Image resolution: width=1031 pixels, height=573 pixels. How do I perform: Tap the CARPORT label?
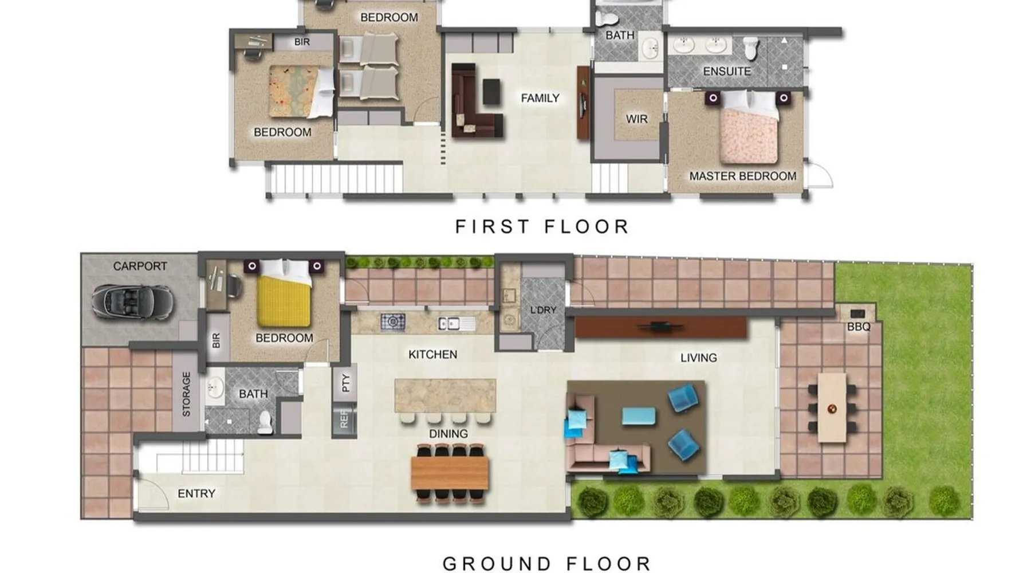(x=140, y=266)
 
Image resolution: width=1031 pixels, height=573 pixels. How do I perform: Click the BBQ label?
(x=859, y=327)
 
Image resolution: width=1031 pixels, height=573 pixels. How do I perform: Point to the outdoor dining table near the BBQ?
(x=832, y=408)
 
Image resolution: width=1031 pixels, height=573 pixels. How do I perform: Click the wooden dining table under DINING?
(x=450, y=473)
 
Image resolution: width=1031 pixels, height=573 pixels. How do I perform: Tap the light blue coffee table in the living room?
(x=639, y=416)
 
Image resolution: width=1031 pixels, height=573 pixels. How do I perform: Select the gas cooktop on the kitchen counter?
(x=393, y=322)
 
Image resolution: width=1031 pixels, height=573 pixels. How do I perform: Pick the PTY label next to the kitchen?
(x=345, y=383)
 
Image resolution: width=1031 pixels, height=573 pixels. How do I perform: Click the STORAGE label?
(x=186, y=394)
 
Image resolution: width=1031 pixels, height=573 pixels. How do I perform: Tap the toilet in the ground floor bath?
(x=265, y=422)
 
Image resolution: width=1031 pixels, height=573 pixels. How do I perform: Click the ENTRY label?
(x=196, y=493)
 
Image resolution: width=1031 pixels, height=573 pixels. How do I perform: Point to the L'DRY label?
(x=543, y=310)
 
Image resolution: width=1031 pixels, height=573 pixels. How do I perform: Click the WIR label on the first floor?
(x=636, y=119)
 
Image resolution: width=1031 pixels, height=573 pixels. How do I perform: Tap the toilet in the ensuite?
(x=751, y=48)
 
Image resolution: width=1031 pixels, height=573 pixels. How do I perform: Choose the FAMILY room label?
(x=540, y=99)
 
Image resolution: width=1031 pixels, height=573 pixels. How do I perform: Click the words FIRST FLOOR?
(x=542, y=227)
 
